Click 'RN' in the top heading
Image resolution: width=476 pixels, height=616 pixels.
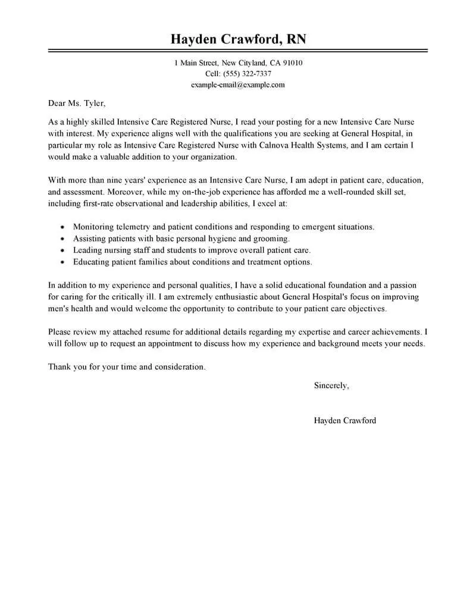click(x=296, y=39)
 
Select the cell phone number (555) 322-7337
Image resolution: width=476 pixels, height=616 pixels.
click(x=246, y=74)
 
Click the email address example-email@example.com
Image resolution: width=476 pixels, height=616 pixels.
click(x=237, y=85)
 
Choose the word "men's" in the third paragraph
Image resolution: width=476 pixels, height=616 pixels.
click(x=60, y=308)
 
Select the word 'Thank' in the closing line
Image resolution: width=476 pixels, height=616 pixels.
click(x=59, y=367)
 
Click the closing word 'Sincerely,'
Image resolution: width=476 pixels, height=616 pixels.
click(x=331, y=386)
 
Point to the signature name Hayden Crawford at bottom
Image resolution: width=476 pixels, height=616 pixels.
click(x=345, y=420)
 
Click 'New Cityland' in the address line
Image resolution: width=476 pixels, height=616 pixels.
click(x=242, y=62)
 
